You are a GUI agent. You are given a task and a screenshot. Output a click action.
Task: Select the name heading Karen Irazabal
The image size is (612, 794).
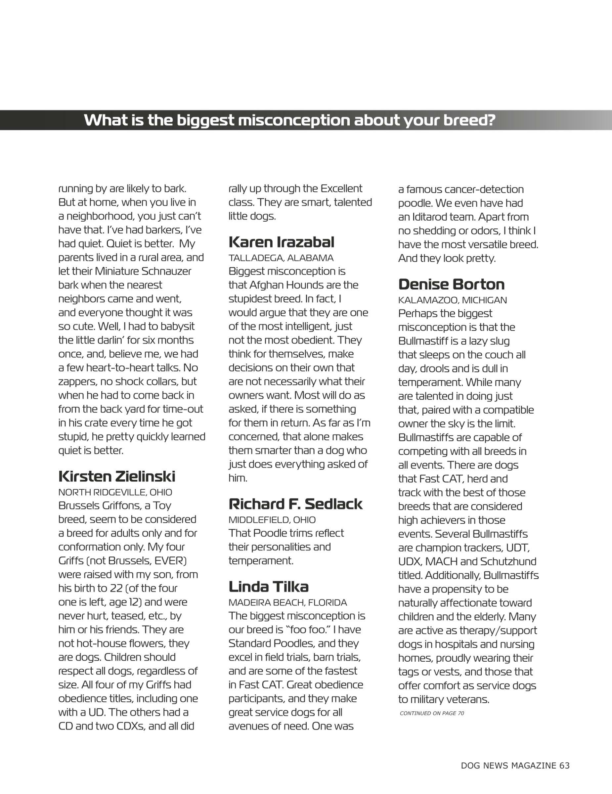click(x=281, y=242)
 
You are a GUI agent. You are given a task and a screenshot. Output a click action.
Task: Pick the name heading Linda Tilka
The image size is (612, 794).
click(x=269, y=587)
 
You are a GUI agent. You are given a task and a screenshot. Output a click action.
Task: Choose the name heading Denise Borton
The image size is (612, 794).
click(x=451, y=284)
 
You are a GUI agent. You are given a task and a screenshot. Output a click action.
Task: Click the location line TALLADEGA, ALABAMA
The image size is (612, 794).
click(x=281, y=258)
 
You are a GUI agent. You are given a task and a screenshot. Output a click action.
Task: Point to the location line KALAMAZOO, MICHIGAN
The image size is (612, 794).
click(x=453, y=300)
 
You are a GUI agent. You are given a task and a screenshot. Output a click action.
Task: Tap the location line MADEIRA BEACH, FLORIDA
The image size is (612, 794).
click(x=287, y=602)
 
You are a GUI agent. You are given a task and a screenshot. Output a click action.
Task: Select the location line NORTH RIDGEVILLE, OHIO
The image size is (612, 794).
click(x=115, y=492)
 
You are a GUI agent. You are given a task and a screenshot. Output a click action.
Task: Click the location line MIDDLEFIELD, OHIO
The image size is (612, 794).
click(x=272, y=519)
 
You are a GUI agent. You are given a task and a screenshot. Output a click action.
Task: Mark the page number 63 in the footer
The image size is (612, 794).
click(x=564, y=765)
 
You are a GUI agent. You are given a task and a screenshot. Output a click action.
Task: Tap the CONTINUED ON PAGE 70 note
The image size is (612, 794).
click(x=432, y=713)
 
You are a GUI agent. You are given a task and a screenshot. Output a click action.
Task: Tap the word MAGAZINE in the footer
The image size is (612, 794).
click(x=534, y=765)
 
